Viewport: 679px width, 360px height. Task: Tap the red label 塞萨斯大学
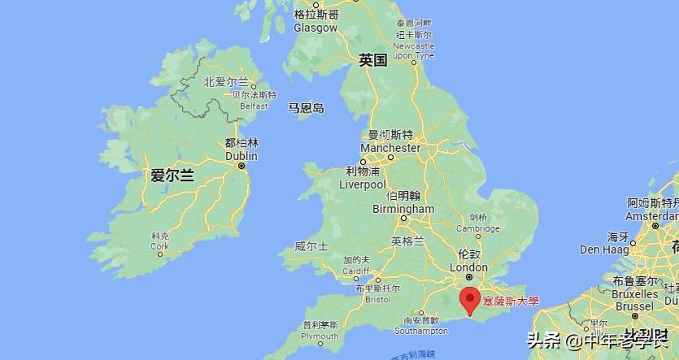coord(511,301)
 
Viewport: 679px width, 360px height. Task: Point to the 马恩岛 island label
coord(306,108)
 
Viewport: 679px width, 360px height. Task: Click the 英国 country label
coord(373,59)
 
